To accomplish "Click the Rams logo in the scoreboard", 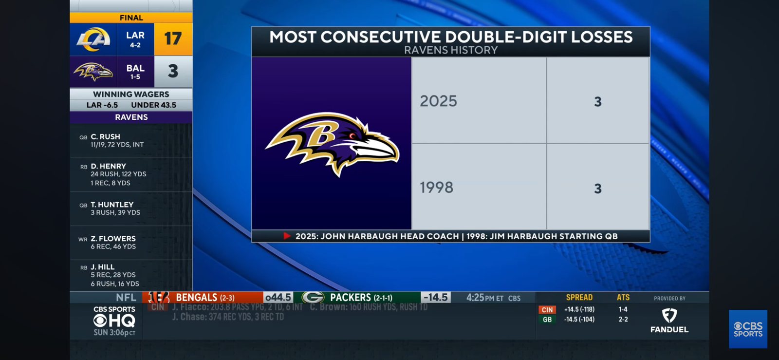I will [x=93, y=39].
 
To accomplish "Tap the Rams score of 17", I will [x=173, y=38].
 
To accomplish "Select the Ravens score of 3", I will [x=173, y=71].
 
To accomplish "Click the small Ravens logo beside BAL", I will [x=93, y=72].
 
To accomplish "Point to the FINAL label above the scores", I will [x=131, y=18].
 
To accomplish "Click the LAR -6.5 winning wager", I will [x=102, y=105].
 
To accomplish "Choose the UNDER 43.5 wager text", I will [x=153, y=105].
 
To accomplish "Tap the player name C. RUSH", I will [x=105, y=137].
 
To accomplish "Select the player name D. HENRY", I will [x=108, y=166].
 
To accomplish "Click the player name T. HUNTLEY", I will [x=112, y=205].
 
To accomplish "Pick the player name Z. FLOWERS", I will [x=113, y=239].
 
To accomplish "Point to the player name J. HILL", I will [x=102, y=267].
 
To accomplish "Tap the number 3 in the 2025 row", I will [x=598, y=102].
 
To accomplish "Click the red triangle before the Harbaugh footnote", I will [x=287, y=236].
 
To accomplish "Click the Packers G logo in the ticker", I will [x=313, y=297].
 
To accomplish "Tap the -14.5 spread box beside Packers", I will [x=435, y=297].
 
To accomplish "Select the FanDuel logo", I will [x=669, y=321].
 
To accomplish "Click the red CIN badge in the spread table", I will [x=547, y=310].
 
